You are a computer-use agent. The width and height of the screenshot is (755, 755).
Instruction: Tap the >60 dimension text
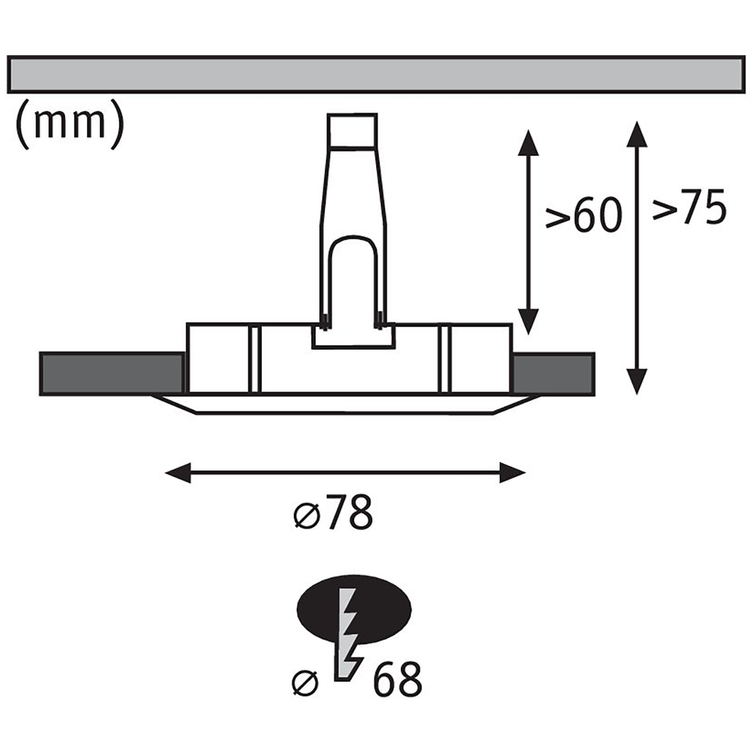[x=584, y=214]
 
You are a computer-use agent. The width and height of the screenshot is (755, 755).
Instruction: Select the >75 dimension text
[x=689, y=208]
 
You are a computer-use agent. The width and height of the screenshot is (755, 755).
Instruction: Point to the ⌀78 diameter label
[x=333, y=513]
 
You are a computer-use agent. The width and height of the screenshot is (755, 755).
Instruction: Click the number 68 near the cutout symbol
[x=398, y=679]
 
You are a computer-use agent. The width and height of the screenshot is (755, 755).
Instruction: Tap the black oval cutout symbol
[x=354, y=609]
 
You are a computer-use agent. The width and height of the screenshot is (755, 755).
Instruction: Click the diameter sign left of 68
[x=305, y=683]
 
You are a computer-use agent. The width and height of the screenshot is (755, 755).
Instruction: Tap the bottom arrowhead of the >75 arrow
[x=637, y=381]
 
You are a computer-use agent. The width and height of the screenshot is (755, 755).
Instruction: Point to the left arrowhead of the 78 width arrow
[x=177, y=473]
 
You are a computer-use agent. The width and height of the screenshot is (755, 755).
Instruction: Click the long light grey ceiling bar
[x=376, y=74]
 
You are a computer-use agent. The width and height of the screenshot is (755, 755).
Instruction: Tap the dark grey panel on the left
[x=112, y=374]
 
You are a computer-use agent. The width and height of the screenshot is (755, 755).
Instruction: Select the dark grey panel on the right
[x=553, y=374]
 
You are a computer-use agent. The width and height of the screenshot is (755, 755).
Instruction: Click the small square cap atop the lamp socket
[x=352, y=130]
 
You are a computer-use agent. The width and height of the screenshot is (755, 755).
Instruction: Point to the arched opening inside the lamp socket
[x=352, y=279]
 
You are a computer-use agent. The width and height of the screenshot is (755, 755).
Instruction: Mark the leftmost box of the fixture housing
[x=219, y=359]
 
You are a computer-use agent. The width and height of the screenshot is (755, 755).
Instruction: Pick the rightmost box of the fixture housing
[x=479, y=359]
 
